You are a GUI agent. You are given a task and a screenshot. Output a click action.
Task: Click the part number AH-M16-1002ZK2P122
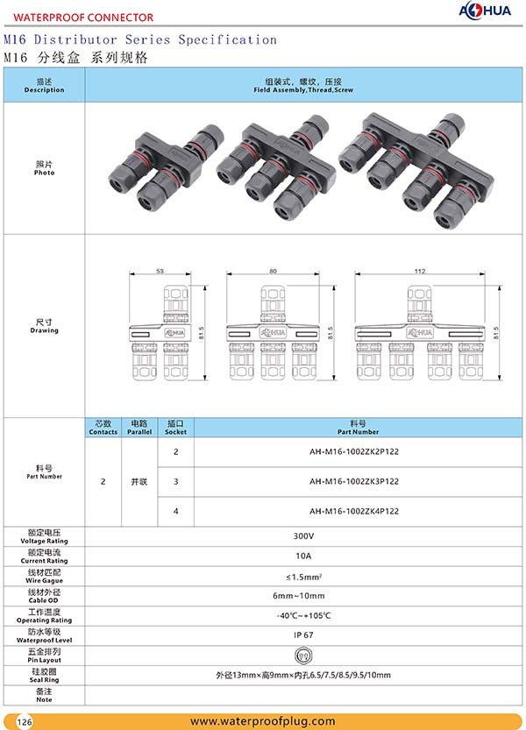tap(354, 451)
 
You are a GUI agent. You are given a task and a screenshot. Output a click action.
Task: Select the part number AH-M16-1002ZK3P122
tap(354, 481)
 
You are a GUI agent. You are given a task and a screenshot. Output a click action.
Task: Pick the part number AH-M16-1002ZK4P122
tap(354, 511)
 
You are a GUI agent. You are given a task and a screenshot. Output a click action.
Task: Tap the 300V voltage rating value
tap(303, 535)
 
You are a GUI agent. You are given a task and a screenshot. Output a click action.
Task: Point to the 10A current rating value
tap(303, 556)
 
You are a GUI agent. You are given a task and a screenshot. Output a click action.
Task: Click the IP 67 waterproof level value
tap(303, 634)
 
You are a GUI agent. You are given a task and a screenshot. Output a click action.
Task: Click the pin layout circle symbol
tap(303, 655)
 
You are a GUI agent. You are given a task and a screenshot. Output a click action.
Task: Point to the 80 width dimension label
tap(273, 272)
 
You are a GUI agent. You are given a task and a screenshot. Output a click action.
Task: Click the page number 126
tap(25, 721)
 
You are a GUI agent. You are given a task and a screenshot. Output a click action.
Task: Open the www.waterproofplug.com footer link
tap(263, 721)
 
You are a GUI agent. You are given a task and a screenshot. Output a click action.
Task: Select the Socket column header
tap(175, 428)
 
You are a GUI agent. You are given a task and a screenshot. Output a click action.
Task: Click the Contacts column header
tap(103, 428)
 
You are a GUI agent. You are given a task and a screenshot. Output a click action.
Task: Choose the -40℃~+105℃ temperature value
tap(303, 615)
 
